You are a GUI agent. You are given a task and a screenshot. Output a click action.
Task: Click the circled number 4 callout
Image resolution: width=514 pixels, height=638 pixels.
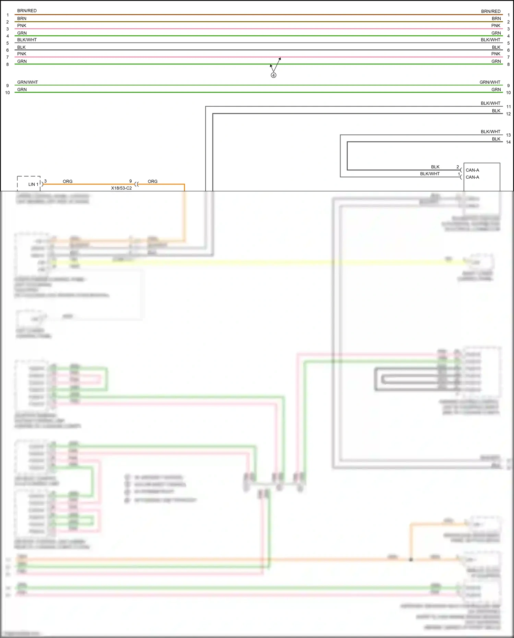273,75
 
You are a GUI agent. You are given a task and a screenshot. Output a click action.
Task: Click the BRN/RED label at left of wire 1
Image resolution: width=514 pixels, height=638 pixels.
27,11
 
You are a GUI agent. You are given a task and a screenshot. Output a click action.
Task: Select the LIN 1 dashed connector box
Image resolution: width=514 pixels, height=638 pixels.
29,183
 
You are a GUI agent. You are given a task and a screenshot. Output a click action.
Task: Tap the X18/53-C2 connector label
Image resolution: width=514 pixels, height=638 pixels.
121,188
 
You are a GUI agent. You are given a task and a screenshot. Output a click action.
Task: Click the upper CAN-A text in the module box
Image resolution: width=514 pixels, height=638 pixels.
472,170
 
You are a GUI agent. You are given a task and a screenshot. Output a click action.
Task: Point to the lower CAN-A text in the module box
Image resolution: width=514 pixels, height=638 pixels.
472,177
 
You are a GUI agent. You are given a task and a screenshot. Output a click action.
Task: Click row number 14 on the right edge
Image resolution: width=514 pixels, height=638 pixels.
508,142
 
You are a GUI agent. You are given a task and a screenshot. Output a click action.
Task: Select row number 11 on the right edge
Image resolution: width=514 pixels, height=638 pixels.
508,107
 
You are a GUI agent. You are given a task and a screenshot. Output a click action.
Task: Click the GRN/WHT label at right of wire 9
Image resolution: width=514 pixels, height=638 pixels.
490,82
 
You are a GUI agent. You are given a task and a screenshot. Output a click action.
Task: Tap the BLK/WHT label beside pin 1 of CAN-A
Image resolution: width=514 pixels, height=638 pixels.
430,174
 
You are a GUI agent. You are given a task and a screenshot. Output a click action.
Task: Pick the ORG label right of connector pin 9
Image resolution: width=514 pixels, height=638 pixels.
153,181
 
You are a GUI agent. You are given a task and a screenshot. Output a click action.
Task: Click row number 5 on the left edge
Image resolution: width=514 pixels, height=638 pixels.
8,43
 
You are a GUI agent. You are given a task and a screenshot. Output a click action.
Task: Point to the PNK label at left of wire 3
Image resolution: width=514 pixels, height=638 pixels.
22,26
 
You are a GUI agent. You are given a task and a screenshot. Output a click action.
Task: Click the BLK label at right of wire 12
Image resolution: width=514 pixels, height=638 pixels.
496,111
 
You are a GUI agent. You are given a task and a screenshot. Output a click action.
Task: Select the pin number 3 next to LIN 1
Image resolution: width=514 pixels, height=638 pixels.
45,181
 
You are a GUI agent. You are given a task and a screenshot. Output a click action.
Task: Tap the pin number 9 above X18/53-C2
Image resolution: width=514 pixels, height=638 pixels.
130,181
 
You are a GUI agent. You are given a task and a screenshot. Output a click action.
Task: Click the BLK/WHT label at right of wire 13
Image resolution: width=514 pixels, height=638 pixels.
490,132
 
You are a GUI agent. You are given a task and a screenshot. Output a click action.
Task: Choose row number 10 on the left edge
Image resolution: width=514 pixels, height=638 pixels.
8,93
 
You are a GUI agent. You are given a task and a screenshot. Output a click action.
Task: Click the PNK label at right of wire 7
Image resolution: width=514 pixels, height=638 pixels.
495,54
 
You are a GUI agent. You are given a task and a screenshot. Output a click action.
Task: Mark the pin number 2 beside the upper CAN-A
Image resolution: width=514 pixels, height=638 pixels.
457,167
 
